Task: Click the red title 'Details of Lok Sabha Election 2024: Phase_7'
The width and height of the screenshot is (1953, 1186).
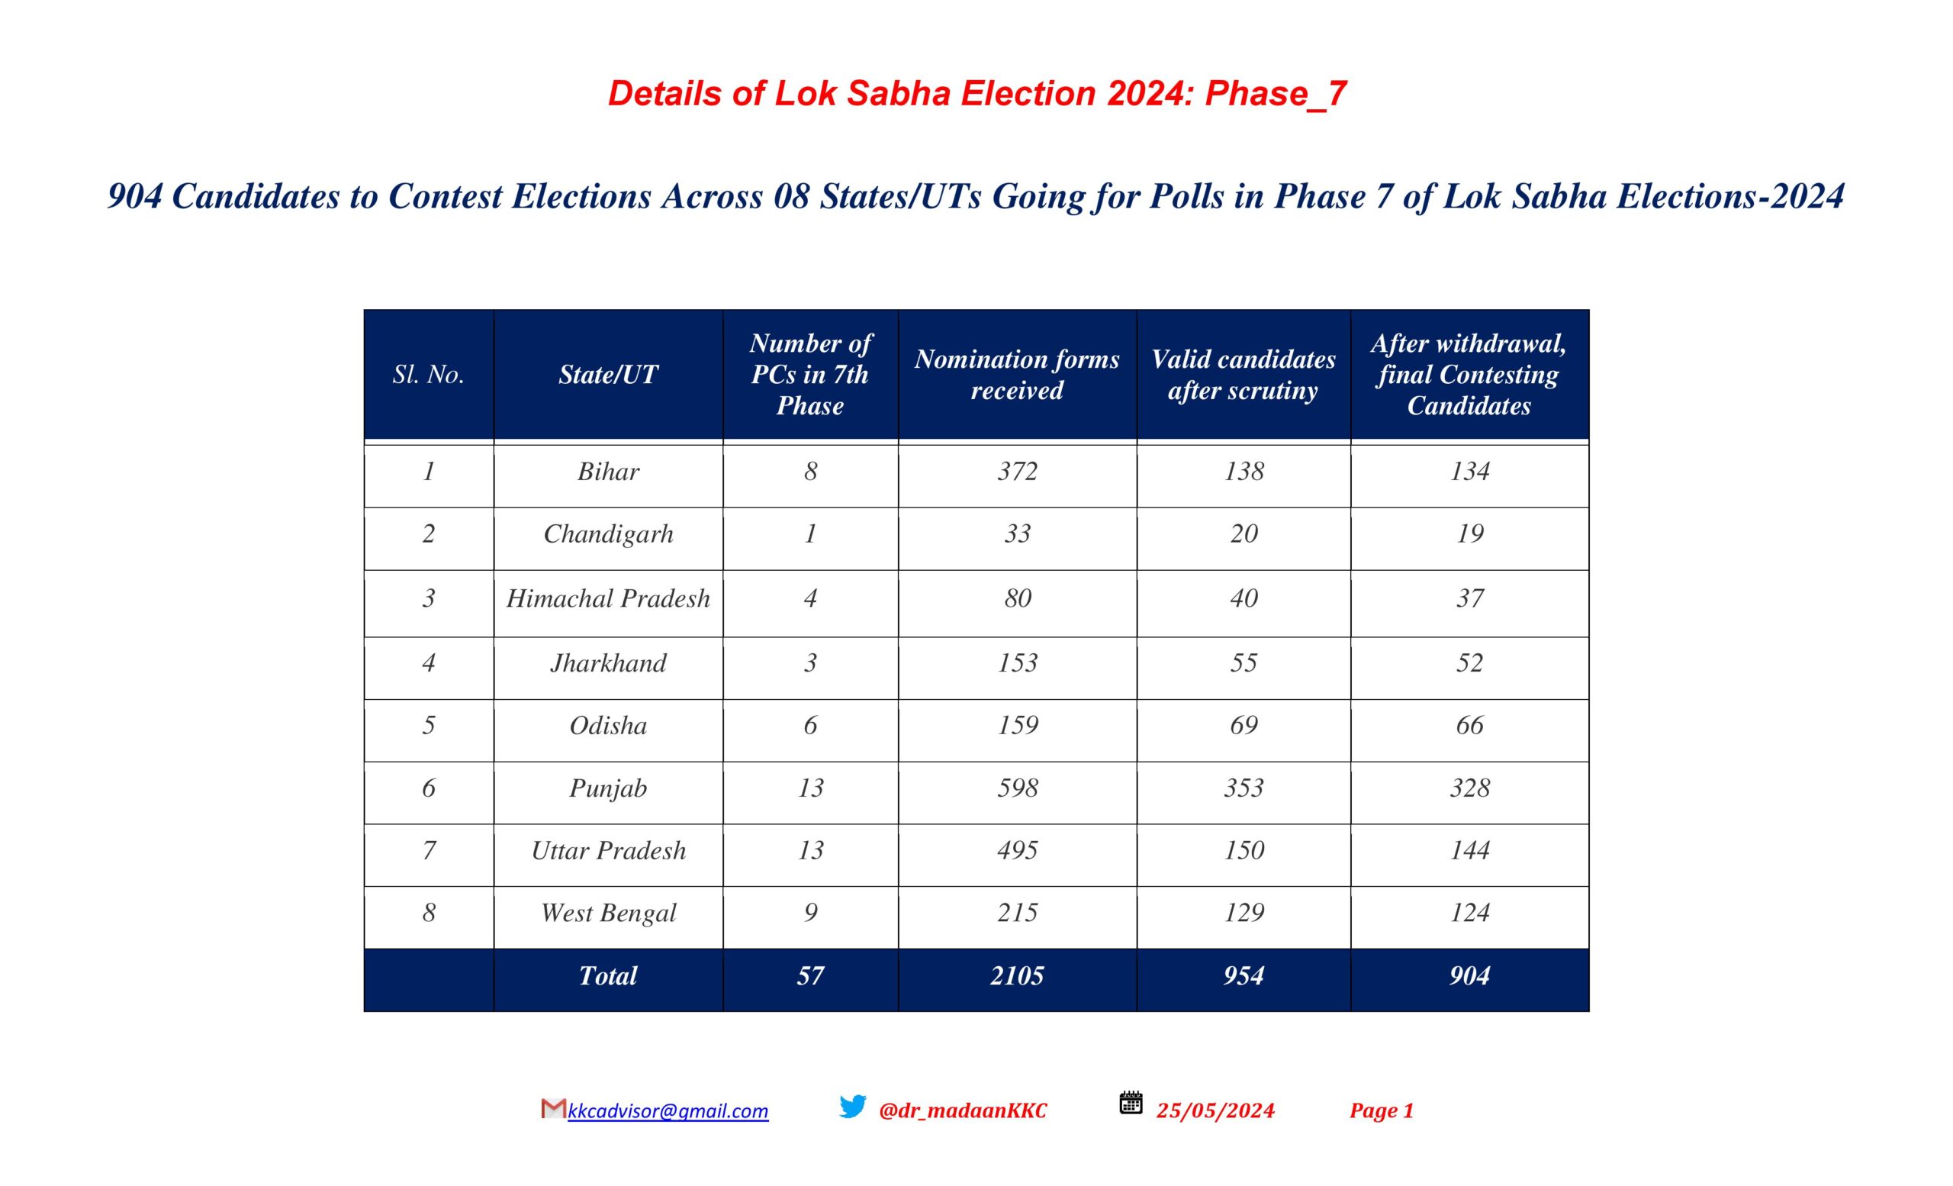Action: (976, 94)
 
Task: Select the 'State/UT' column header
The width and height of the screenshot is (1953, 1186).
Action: (608, 374)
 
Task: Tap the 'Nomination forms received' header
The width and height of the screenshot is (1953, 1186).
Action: (1017, 374)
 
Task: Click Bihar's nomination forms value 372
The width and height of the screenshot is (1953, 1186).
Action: (1017, 472)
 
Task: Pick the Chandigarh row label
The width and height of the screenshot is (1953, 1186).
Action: (608, 534)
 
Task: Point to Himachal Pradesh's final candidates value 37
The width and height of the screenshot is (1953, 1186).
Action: (1469, 598)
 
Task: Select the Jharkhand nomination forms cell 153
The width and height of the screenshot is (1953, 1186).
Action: (1017, 662)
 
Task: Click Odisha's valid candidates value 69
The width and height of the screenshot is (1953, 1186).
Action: (1244, 725)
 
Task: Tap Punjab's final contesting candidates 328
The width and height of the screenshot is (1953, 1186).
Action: (1469, 788)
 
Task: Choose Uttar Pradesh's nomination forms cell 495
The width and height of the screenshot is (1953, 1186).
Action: (1017, 851)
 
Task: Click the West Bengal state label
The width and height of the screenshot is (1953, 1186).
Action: (608, 914)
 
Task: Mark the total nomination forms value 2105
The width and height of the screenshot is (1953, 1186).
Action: (1017, 976)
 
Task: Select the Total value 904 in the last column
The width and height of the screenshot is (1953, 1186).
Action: (1469, 976)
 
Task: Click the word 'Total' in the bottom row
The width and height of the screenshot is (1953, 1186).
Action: (608, 976)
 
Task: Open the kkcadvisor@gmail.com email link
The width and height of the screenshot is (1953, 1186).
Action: (668, 1111)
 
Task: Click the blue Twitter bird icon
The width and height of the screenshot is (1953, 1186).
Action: (853, 1107)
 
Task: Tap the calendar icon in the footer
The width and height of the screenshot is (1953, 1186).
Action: (1131, 1103)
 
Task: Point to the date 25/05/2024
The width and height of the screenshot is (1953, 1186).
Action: (1215, 1110)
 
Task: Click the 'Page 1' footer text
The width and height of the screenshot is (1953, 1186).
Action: (1382, 1110)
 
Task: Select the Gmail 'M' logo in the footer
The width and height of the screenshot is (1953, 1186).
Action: (553, 1108)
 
